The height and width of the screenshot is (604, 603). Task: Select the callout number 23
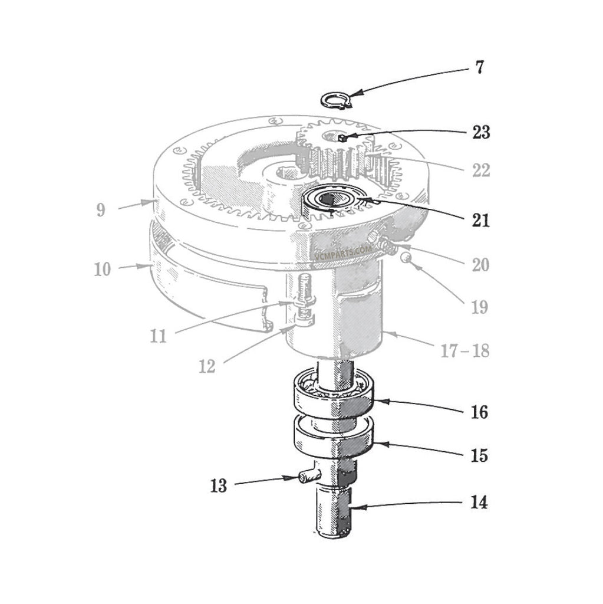480,132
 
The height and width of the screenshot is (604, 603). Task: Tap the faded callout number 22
480,170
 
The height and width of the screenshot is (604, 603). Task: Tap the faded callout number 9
102,209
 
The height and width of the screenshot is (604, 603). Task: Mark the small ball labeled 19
406,259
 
